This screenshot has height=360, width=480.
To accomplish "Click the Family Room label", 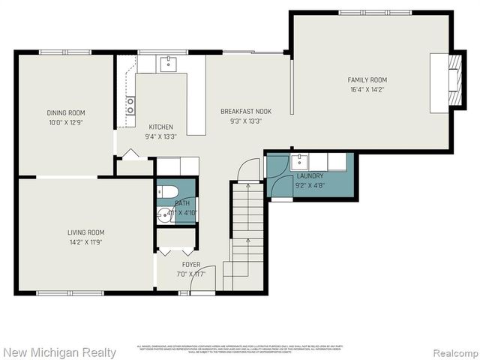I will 367,79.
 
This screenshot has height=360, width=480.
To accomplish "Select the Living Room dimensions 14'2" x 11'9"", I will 85,242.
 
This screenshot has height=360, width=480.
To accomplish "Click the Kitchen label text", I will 160,127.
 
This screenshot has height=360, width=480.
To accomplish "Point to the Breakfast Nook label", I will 245,111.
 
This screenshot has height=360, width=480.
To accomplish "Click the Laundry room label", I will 309,175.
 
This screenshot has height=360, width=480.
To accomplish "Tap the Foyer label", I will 191,265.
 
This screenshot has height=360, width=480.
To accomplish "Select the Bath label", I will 182,203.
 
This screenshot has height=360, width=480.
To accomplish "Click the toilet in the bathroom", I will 166,190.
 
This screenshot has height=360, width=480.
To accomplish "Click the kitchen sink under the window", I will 170,64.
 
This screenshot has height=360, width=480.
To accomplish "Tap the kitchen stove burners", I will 130,106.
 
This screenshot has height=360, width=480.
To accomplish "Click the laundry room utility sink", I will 298,160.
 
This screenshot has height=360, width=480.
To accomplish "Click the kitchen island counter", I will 196,97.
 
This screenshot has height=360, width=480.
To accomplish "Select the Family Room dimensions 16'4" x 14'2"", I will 367,89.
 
